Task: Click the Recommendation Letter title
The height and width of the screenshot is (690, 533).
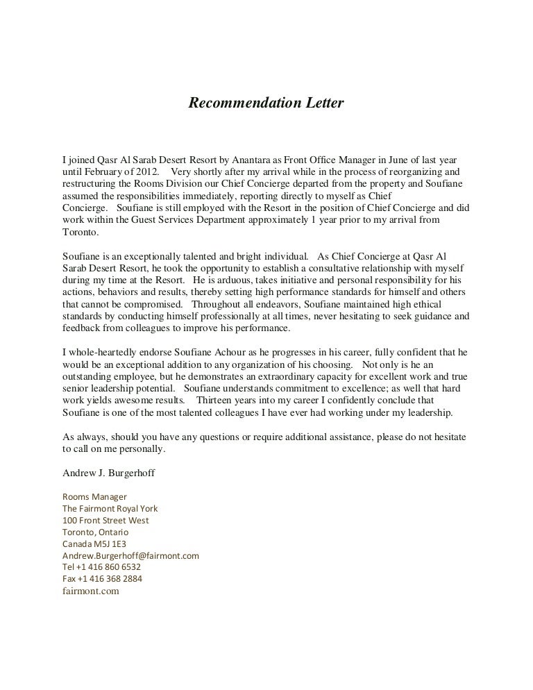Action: [266, 103]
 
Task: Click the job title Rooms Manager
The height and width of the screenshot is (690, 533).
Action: [95, 497]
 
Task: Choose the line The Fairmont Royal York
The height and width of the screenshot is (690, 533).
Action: [110, 509]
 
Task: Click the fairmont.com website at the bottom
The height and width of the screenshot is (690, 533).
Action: [91, 591]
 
